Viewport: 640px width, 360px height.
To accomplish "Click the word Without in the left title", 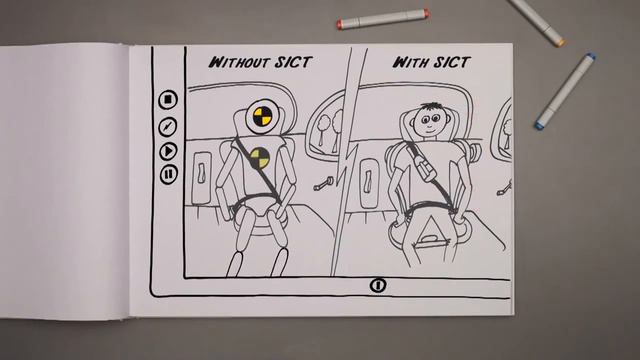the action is click(x=239, y=62).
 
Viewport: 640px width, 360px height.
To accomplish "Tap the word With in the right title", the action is click(x=411, y=62).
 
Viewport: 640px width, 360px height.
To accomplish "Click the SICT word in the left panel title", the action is click(x=293, y=62).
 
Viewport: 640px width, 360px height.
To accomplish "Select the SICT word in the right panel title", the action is click(x=451, y=62).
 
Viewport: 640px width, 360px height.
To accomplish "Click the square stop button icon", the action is click(x=167, y=100).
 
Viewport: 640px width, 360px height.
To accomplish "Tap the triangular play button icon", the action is click(x=167, y=151).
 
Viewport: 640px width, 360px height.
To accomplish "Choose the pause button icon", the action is click(x=168, y=174).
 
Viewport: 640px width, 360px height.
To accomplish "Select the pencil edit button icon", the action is click(x=167, y=127).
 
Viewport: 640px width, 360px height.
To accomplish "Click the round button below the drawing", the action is click(x=378, y=285).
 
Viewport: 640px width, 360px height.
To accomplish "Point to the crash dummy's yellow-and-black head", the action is click(x=261, y=117).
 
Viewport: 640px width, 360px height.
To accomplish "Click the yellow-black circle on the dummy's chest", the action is click(x=260, y=159).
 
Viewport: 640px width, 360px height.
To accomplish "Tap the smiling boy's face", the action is click(x=429, y=122).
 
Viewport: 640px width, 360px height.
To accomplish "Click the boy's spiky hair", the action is click(x=431, y=107).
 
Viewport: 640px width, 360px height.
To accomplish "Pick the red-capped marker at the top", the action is click(x=383, y=19).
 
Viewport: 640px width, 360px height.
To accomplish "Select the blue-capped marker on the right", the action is click(x=565, y=91).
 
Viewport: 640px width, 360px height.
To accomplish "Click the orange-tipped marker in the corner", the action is click(x=539, y=21).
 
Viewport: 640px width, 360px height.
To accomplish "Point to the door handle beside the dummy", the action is click(x=202, y=173).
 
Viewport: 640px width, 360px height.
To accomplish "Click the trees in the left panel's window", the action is click(x=331, y=125).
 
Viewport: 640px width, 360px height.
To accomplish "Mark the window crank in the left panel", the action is click(x=323, y=183).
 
